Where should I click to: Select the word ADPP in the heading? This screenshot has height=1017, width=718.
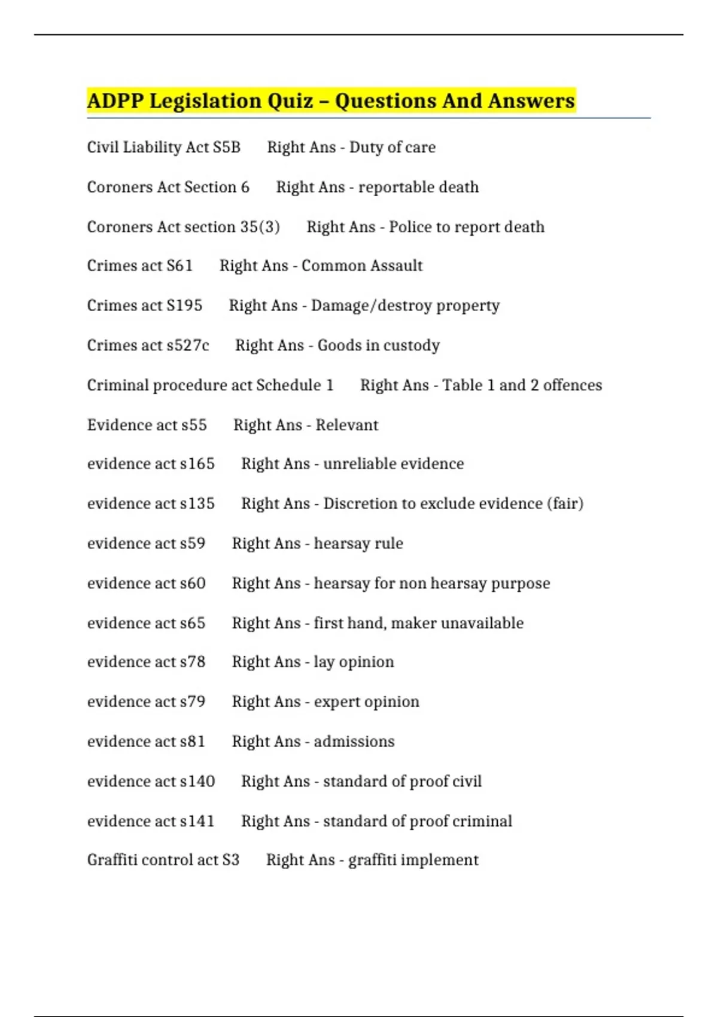115,101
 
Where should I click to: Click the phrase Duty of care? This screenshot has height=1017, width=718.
393,147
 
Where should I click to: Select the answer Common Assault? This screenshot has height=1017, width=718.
362,266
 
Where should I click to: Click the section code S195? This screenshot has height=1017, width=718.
184,306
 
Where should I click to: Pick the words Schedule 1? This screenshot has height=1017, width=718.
295,385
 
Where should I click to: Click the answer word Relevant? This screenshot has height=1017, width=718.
347,425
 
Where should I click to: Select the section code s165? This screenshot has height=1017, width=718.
197,464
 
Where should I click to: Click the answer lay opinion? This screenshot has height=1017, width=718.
354,662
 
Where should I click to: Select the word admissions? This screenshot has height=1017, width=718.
354,742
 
